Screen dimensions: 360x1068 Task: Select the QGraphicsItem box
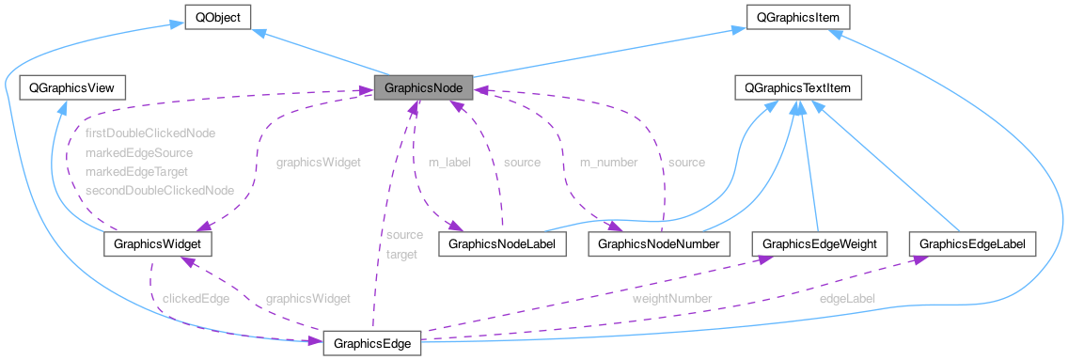point(797,17)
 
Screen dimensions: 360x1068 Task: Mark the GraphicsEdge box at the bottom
point(372,344)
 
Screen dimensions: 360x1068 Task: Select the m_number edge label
point(608,162)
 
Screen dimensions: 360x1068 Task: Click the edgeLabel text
point(847,298)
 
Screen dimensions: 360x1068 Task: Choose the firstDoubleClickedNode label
point(150,133)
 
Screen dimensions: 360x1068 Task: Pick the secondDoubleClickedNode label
point(159,190)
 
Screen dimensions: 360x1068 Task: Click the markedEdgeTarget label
point(136,171)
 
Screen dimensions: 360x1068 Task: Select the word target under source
point(401,254)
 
